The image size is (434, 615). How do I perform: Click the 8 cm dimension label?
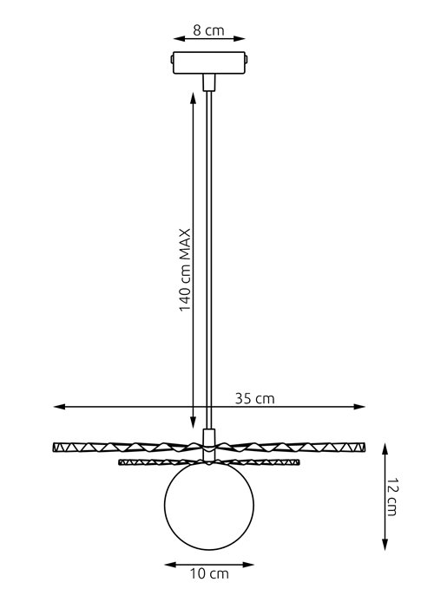point(208,30)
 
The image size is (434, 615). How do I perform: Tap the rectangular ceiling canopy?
point(208,63)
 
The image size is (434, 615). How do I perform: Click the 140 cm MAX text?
point(185,272)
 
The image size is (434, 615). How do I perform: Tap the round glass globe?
point(208,508)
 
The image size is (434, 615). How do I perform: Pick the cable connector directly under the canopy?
point(208,82)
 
